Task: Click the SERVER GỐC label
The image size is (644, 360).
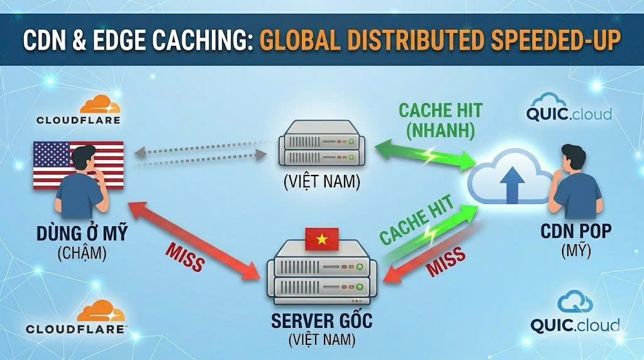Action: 321,321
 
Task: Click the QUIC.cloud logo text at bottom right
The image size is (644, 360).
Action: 575,325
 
